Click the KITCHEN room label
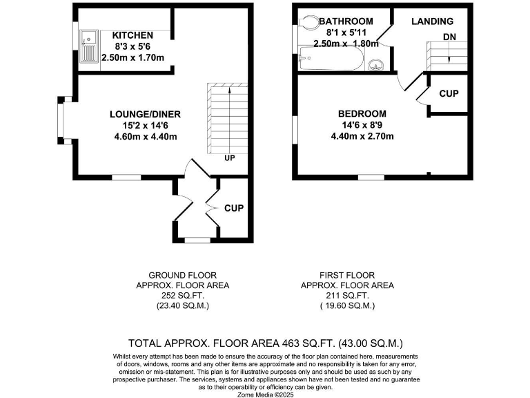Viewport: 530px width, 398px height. pos(132,35)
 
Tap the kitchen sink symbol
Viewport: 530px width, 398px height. pos(89,46)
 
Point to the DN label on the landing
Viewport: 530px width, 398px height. pos(449,36)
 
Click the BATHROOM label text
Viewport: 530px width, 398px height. pos(346,21)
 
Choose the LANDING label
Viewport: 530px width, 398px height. pos(432,21)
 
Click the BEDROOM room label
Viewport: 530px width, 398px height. pos(362,114)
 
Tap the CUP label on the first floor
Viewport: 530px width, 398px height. pos(449,93)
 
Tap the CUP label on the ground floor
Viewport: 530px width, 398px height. pos(234,207)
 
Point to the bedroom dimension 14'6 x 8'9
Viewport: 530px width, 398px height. pos(362,125)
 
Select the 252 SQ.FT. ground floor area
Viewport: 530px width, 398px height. pos(183,295)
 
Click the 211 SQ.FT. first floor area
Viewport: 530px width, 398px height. pos(347,295)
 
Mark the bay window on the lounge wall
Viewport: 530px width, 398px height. pos(60,122)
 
